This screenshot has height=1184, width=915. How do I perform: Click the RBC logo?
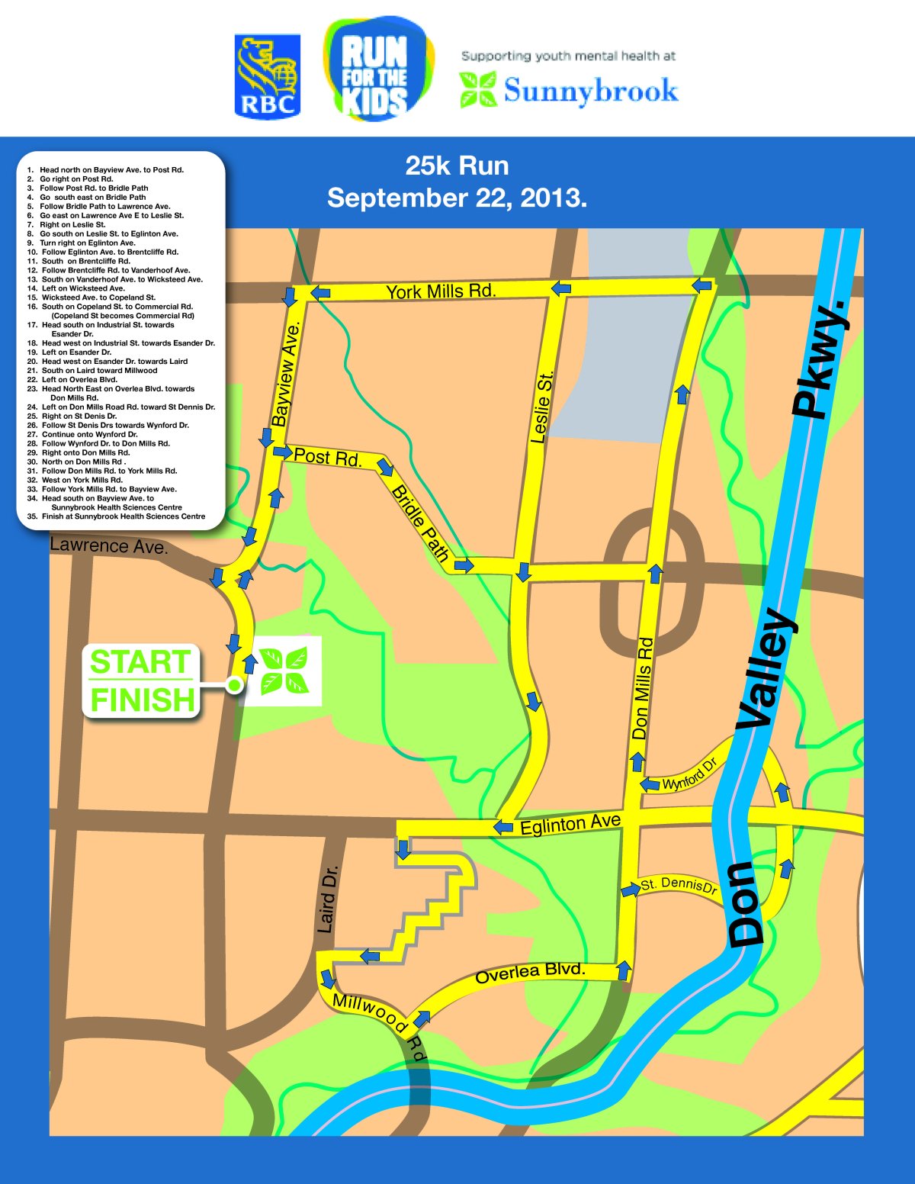click(267, 76)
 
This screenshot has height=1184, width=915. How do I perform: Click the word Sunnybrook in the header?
click(590, 91)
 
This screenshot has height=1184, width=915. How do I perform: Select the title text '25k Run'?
click(457, 166)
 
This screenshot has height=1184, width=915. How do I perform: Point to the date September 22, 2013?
click(457, 198)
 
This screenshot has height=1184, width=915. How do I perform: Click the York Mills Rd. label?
click(441, 291)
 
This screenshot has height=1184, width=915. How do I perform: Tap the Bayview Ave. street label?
click(286, 373)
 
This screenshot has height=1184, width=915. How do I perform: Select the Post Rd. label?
click(327, 457)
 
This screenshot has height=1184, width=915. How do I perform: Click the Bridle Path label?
click(419, 523)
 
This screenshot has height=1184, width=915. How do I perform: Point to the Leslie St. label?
click(541, 407)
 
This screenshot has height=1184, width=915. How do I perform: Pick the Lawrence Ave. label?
click(108, 546)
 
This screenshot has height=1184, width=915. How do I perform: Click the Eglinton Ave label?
click(570, 824)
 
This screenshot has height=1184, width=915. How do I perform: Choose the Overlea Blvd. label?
click(530, 973)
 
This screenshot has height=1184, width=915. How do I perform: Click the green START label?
click(140, 661)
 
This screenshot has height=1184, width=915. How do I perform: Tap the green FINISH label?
click(143, 699)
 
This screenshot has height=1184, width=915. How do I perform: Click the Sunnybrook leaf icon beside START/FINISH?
click(284, 671)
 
